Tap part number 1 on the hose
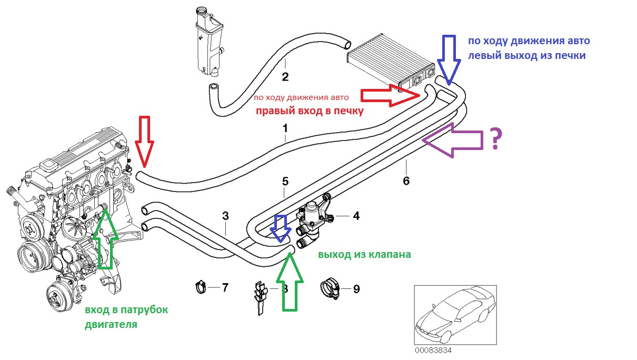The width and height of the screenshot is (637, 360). pos(285,128)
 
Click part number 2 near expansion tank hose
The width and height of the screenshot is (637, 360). pos(285,77)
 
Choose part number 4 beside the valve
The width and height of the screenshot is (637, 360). pos(356,215)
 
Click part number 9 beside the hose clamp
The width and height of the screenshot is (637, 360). pos(356,288)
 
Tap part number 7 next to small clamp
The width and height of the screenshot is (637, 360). pos(225,287)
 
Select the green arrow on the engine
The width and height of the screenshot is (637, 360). pos(106,237)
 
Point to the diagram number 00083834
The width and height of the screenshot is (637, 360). pos(433,350)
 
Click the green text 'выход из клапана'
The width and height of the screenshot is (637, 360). pos(364,254)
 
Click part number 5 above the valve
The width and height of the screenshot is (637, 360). pos(285,182)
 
